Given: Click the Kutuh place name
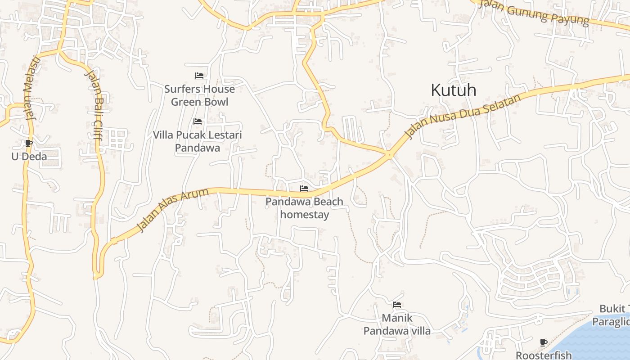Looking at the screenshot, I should [453, 90].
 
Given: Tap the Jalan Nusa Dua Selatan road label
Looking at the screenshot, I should [463, 116].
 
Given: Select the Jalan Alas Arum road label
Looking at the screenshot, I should [173, 209].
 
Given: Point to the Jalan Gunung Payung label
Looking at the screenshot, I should [533, 12].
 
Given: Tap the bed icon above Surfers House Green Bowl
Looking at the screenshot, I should [199, 76].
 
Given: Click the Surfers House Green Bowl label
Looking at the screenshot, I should [199, 95].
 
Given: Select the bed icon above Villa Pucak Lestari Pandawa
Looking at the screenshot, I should [197, 121].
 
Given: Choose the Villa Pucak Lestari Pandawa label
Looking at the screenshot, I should [197, 141].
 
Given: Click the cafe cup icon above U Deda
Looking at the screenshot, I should [29, 144].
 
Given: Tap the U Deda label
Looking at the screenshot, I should [29, 157].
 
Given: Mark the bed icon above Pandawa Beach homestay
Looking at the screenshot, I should [304, 189].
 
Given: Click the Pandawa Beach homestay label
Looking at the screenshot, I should [304, 208].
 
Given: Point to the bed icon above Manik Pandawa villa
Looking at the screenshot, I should [396, 305].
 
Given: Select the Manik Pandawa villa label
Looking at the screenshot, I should [396, 324].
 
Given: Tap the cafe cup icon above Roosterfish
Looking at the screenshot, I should [544, 343].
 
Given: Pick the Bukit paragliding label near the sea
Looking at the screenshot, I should [612, 315].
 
